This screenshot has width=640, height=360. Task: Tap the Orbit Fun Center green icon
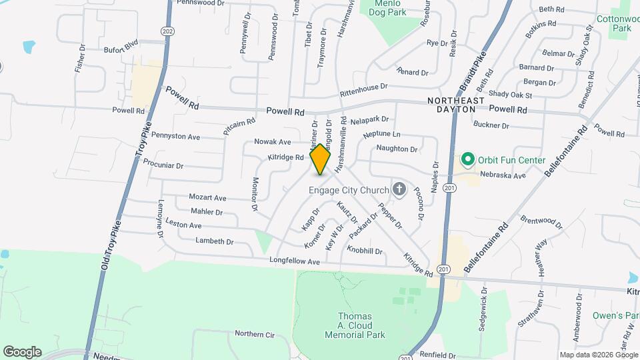(468, 160)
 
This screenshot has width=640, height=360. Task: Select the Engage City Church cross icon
(399, 190)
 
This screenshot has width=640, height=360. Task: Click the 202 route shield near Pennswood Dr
(167, 31)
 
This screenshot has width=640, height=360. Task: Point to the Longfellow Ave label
(295, 261)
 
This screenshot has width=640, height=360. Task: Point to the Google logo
(22, 351)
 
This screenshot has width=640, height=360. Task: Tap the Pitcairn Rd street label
(239, 127)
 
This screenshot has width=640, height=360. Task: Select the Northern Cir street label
(255, 333)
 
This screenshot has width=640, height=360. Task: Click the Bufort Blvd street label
(121, 47)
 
